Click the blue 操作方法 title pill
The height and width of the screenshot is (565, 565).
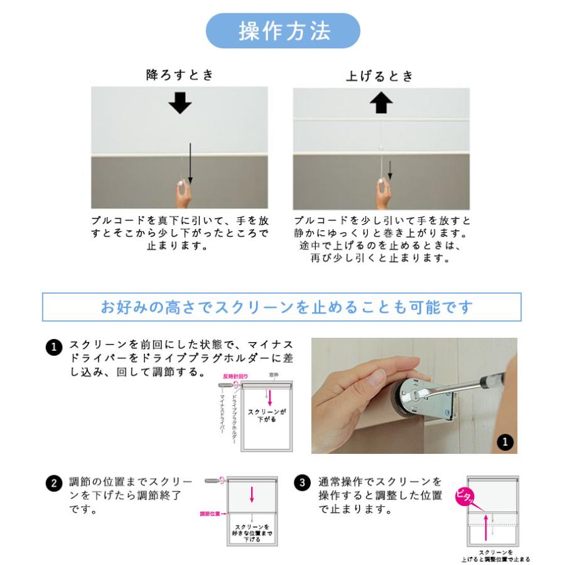(x=283, y=31)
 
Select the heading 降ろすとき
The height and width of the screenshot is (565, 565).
(x=180, y=75)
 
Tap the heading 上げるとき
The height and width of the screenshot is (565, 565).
(x=380, y=77)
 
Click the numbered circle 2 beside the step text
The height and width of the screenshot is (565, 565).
(x=55, y=484)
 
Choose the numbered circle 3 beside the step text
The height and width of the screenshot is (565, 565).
(x=303, y=484)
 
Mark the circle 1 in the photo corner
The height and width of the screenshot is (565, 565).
(x=505, y=441)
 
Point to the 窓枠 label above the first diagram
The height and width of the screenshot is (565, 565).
(x=273, y=374)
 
